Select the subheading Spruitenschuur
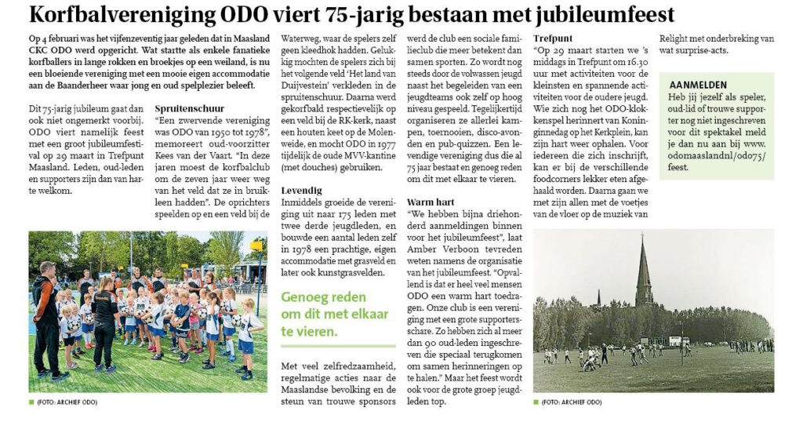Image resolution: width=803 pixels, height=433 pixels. click(190, 107)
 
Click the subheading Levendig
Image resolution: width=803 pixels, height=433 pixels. click(301, 190)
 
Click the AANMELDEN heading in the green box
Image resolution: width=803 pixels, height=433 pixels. click(699, 85)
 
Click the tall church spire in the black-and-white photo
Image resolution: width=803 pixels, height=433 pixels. click(643, 275)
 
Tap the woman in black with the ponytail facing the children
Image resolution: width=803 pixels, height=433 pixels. click(105, 318)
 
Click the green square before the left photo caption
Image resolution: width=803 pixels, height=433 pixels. click(31, 402)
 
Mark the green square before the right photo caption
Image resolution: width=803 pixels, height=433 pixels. click(536, 402)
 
